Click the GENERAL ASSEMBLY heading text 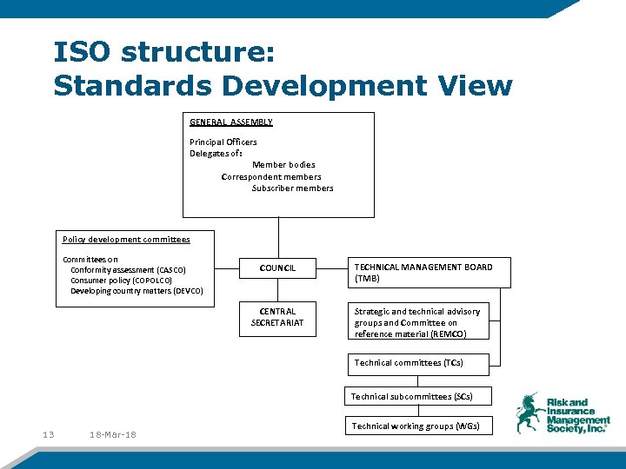pos(231,122)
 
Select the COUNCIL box pos(277,268)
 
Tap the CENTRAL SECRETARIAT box pos(277,317)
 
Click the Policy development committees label pos(126,239)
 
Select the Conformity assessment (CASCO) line pos(128,270)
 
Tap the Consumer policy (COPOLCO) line pos(121,281)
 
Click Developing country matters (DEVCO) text pos(137,291)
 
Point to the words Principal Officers pos(223,142)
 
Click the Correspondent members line pos(271,176)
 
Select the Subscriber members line pos(292,188)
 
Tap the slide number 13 pos(48,434)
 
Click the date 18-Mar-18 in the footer pos(113,434)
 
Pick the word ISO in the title pos(83,53)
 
